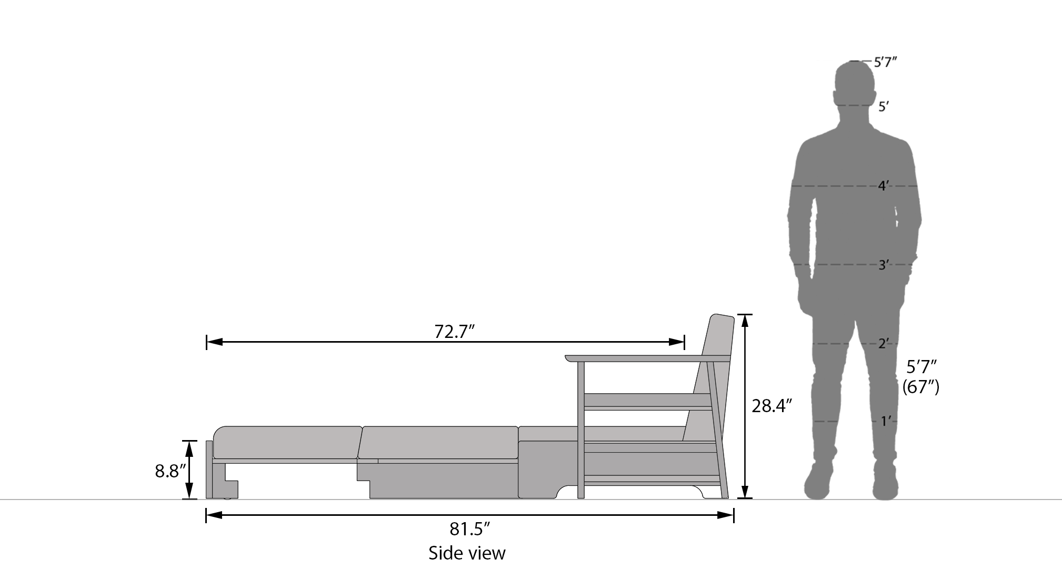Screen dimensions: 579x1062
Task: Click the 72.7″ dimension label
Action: pyautogui.click(x=455, y=332)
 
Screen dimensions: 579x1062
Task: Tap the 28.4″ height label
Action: pyautogui.click(x=772, y=406)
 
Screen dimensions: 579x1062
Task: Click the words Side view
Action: pyautogui.click(x=467, y=553)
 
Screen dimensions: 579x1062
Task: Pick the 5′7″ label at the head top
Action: pyautogui.click(x=885, y=62)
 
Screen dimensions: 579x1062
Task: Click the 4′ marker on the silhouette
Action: pyautogui.click(x=884, y=186)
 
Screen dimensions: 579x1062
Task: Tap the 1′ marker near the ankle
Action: pyautogui.click(x=886, y=421)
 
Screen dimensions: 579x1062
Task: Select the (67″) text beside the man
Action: pyautogui.click(x=921, y=387)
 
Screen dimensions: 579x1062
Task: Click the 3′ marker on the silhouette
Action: pyautogui.click(x=884, y=265)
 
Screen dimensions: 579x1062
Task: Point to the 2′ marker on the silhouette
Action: pyautogui.click(x=884, y=344)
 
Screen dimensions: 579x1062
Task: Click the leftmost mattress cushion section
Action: pyautogui.click(x=287, y=442)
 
